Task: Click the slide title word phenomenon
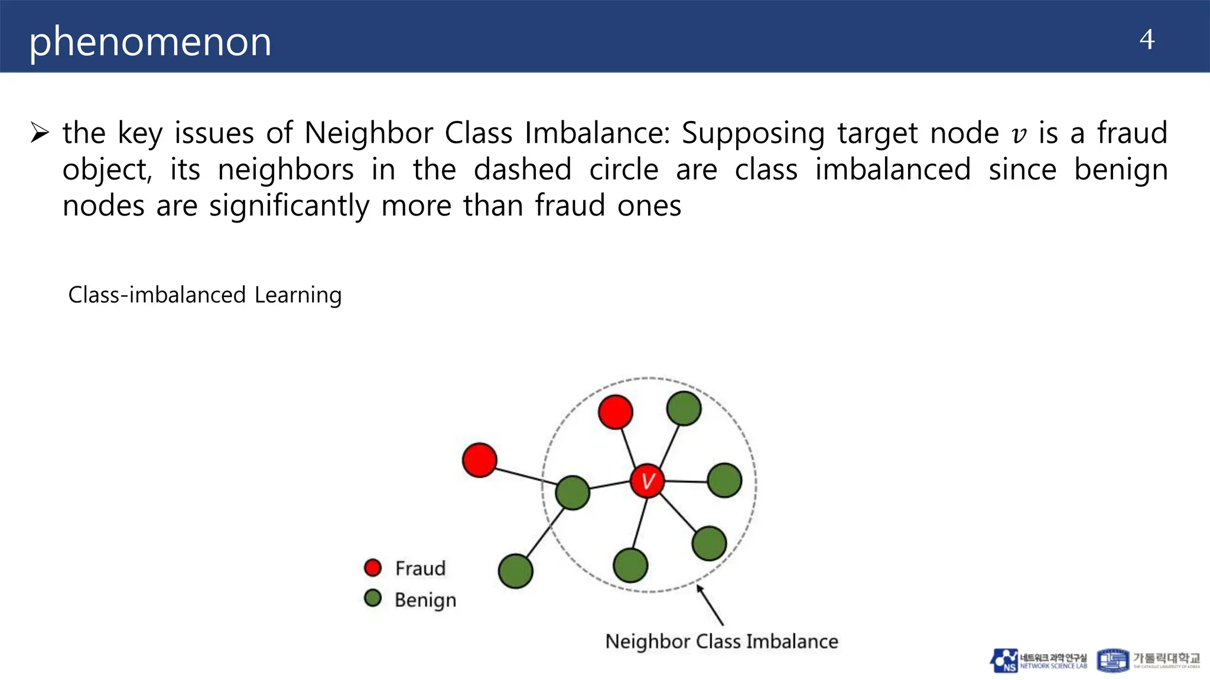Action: tap(150, 42)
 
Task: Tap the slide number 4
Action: tap(1147, 40)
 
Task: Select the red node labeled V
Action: tap(647, 481)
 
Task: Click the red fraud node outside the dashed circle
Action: tap(479, 460)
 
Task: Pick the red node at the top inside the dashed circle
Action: tap(615, 411)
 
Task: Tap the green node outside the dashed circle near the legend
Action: tap(515, 571)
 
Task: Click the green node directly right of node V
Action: tap(724, 480)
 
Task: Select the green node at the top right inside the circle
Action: tap(684, 408)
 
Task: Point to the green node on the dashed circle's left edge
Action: tap(573, 492)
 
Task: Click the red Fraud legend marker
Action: tap(373, 568)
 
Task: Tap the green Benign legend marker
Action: tap(373, 599)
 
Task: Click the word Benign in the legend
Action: tap(425, 600)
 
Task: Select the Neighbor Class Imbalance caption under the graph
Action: tap(721, 641)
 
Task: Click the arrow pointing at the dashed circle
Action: tap(710, 604)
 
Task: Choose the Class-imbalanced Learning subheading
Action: tap(205, 295)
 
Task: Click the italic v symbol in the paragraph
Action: tap(1019, 134)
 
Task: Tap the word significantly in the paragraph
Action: tap(289, 206)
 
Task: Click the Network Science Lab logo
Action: tap(1038, 661)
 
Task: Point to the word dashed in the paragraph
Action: tap(522, 170)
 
